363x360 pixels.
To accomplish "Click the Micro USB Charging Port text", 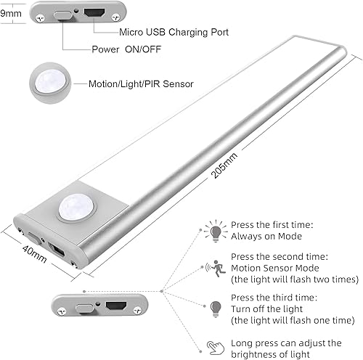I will click(x=167, y=33).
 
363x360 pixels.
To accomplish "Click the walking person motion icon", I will click(x=216, y=266).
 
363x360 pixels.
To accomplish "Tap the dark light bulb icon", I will click(x=216, y=307).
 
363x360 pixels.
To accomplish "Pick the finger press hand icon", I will click(x=215, y=347).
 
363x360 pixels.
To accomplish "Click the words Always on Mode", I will click(x=266, y=237).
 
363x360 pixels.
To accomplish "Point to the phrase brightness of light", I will click(x=274, y=353).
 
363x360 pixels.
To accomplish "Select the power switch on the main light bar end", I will click(x=36, y=237).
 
